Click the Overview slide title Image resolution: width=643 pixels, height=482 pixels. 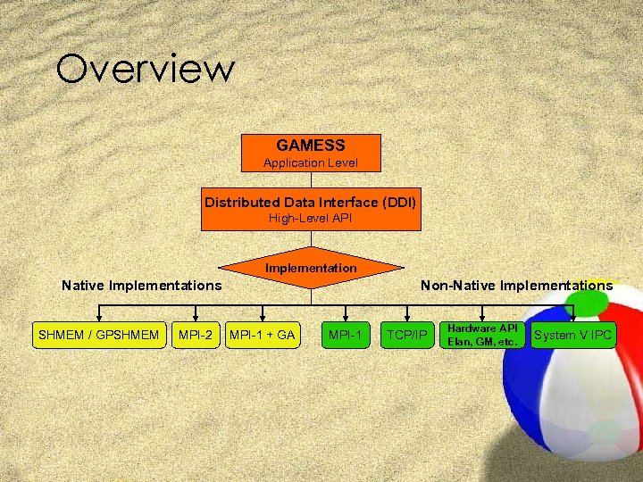tap(145, 69)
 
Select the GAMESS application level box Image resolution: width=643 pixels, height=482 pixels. tap(311, 153)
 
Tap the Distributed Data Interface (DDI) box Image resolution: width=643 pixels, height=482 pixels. tap(311, 209)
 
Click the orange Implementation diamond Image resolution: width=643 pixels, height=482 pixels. tap(311, 267)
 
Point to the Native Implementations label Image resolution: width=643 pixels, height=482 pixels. tap(141, 286)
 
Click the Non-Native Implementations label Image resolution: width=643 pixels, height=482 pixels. tap(516, 286)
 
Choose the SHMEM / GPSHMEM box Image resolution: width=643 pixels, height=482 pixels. tap(98, 336)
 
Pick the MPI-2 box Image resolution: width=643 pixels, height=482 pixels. tap(196, 336)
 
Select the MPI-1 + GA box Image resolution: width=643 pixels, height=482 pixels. tap(263, 336)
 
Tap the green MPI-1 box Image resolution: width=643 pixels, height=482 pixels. tap(345, 336)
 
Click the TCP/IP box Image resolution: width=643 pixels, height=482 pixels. tap(407, 336)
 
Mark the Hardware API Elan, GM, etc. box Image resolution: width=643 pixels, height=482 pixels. tap(482, 336)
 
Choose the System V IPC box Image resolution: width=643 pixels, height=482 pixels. tap(572, 336)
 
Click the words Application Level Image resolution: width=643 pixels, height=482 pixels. tap(311, 162)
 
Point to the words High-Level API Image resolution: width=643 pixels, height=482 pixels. tap(311, 218)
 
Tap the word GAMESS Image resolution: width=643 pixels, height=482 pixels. tap(311, 145)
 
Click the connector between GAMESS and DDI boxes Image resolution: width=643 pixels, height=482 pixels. tap(311, 179)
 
